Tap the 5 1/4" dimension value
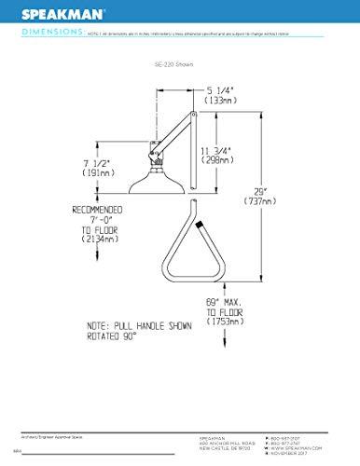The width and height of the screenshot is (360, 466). click(222, 90)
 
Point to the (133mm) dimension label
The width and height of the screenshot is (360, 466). click(222, 100)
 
